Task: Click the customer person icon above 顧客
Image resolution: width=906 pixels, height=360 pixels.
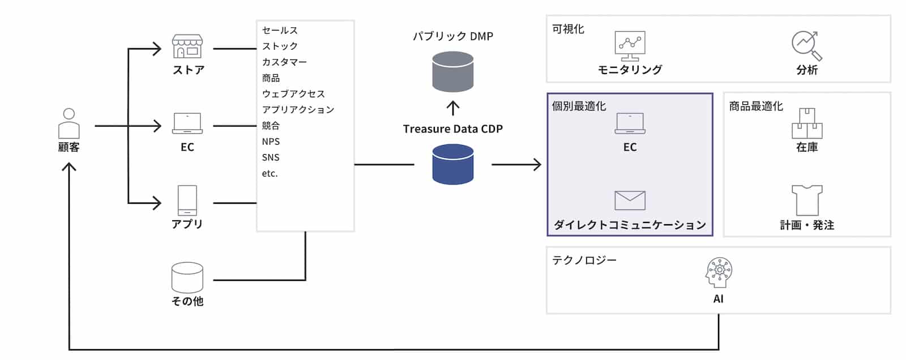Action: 69,123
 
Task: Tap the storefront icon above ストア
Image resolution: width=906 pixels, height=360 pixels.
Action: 187,46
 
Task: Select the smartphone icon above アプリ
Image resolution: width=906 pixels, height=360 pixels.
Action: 187,200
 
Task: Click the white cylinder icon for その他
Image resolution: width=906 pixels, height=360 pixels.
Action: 187,277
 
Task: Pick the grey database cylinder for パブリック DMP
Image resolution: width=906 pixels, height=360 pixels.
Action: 452,72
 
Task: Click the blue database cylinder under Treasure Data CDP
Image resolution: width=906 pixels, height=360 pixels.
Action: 452,164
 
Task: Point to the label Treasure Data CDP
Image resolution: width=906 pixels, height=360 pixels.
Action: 452,129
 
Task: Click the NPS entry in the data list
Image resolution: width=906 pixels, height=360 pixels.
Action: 271,142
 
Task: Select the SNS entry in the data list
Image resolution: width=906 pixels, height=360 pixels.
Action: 271,157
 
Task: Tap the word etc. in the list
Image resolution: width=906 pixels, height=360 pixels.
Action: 270,173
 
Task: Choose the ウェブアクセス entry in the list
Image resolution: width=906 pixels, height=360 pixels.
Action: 293,94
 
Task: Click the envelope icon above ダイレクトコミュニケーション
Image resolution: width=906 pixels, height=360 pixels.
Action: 630,200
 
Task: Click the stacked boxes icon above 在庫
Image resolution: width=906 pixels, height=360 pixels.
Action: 807,123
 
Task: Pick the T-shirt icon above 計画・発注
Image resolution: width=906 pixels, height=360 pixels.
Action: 807,200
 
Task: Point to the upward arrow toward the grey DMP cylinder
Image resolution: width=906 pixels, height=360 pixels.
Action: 452,108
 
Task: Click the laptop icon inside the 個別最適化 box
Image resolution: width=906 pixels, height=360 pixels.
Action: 630,123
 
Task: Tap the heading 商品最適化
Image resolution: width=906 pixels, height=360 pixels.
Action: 756,106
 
